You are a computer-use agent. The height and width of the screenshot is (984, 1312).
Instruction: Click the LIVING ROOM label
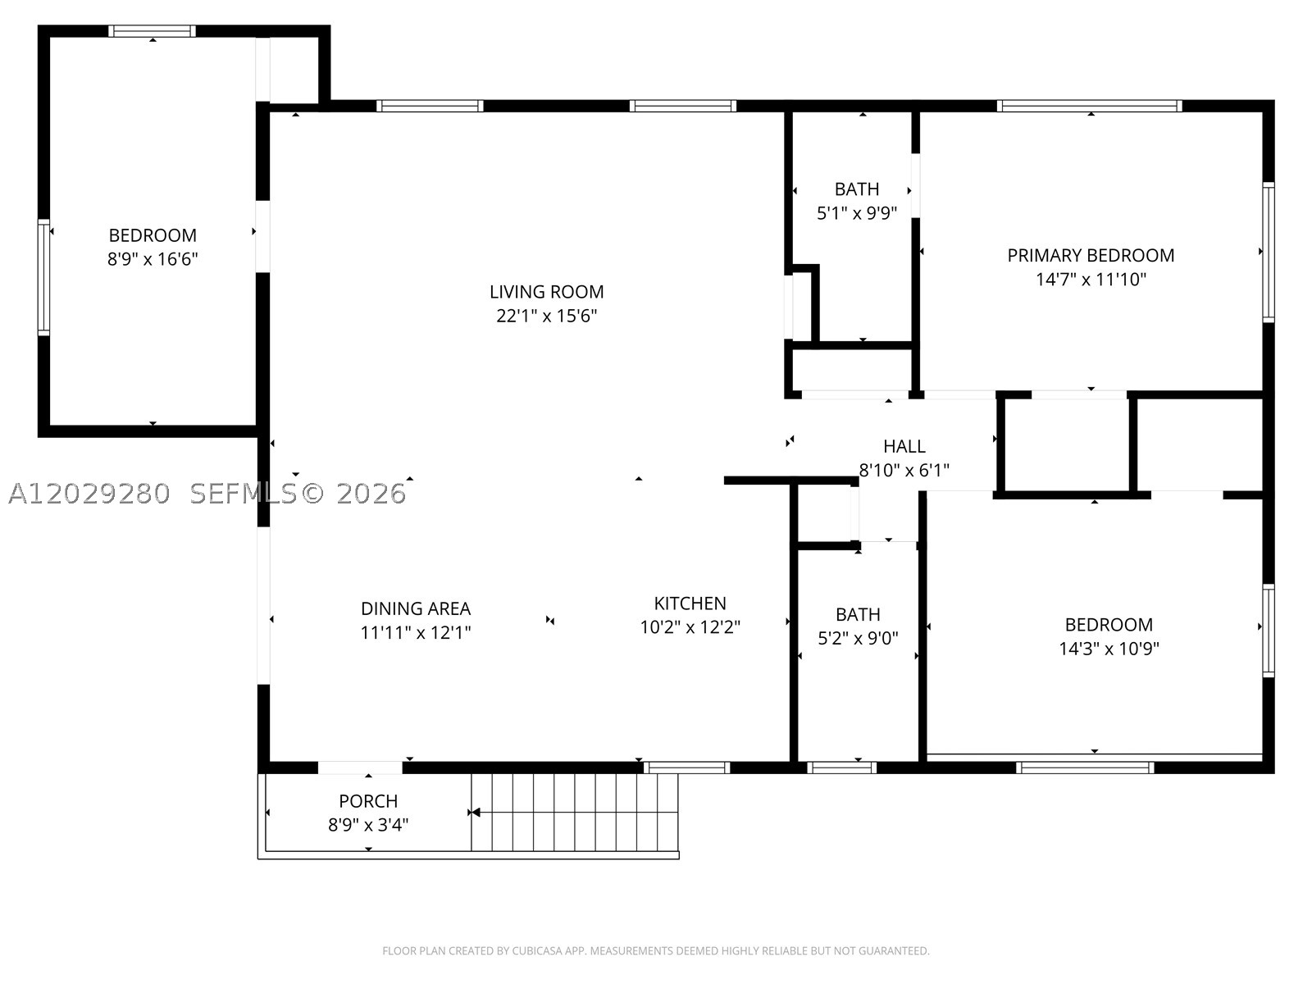[546, 292]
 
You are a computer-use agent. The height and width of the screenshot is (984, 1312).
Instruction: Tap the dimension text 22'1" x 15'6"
[546, 316]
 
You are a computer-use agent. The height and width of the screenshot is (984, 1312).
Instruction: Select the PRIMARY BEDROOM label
[1091, 255]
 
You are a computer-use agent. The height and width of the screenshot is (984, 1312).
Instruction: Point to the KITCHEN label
[690, 603]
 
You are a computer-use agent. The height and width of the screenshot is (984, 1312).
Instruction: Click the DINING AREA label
[416, 608]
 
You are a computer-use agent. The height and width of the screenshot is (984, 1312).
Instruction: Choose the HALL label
[904, 446]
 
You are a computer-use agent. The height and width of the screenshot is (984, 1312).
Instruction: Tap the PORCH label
[368, 800]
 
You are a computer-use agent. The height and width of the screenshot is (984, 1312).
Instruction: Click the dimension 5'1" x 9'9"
[857, 212]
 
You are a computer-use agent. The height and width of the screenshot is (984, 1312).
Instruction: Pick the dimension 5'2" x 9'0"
[858, 638]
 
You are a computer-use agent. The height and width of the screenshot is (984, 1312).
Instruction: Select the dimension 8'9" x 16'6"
[153, 258]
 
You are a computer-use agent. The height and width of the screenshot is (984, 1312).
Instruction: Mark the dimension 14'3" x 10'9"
[1109, 649]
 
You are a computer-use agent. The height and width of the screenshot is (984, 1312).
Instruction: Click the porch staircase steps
[575, 812]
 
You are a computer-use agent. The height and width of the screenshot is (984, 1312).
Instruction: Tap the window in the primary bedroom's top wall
[1089, 107]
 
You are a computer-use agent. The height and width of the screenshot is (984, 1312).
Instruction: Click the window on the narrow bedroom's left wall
[43, 277]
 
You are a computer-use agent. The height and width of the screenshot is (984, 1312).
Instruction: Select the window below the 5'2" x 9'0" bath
[841, 768]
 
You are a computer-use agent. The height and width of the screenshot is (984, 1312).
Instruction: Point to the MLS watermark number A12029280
[89, 494]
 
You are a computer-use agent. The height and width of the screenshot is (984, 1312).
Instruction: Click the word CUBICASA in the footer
[535, 950]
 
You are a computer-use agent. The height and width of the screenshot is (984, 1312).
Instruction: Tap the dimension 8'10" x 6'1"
[904, 470]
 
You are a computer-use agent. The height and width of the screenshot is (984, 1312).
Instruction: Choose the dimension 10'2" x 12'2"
[690, 626]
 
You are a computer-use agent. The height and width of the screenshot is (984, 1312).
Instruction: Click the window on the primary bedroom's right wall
[1269, 252]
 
